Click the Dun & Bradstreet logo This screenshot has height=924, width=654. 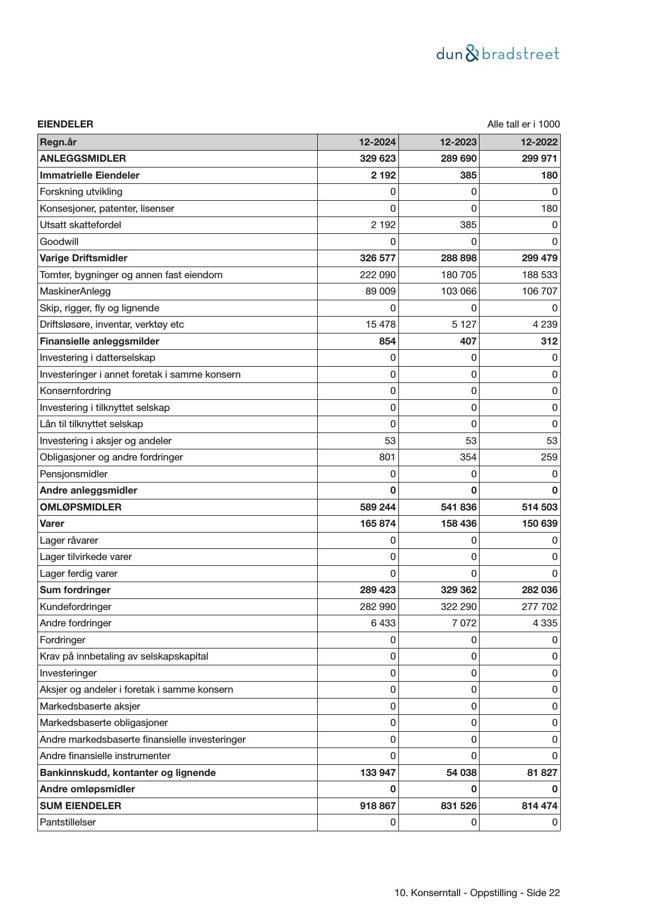pyautogui.click(x=497, y=54)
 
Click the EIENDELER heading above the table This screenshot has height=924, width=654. pyautogui.click(x=65, y=124)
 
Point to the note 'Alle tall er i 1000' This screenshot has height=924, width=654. pyautogui.click(x=523, y=124)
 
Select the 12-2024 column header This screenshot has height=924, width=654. pyautogui.click(x=377, y=142)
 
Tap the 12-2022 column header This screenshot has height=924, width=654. pyautogui.click(x=539, y=142)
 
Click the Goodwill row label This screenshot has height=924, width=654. pyautogui.click(x=59, y=242)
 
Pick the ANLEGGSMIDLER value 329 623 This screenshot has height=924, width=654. pyautogui.click(x=377, y=159)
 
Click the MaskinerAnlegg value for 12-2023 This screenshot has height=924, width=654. pyautogui.click(x=458, y=291)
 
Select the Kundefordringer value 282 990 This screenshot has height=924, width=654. pyautogui.click(x=377, y=607)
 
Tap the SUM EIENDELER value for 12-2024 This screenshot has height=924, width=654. pyautogui.click(x=377, y=806)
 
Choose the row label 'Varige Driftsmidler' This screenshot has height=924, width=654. pyautogui.click(x=83, y=258)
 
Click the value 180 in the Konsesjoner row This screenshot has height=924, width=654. pyautogui.click(x=549, y=209)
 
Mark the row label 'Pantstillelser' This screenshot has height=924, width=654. pyautogui.click(x=68, y=822)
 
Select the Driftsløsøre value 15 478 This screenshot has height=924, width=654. pyautogui.click(x=380, y=325)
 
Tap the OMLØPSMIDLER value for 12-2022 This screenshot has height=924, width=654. pyautogui.click(x=539, y=507)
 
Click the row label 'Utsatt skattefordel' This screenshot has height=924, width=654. pyautogui.click(x=80, y=225)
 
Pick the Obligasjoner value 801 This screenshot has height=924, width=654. pyautogui.click(x=387, y=457)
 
